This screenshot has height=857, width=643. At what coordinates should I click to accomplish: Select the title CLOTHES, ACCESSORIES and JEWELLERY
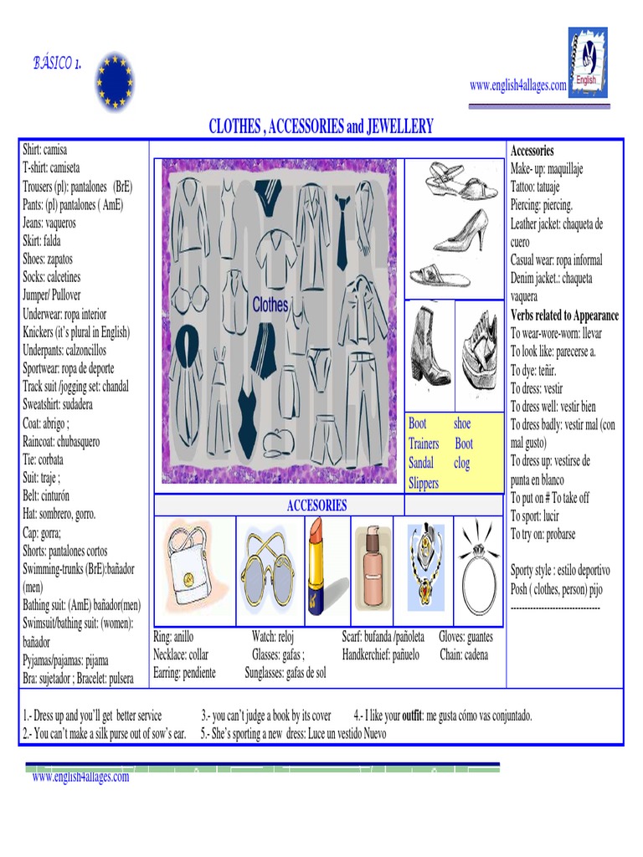(321, 126)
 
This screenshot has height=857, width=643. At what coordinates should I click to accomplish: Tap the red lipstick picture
(316, 553)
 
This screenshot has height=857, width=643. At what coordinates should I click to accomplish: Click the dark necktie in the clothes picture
(342, 232)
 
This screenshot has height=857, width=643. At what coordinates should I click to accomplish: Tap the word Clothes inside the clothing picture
(270, 305)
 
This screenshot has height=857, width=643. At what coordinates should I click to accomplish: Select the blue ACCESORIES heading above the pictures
(316, 505)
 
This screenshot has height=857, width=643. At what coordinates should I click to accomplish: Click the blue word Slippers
(424, 484)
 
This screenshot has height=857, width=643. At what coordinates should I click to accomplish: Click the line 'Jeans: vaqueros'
(49, 223)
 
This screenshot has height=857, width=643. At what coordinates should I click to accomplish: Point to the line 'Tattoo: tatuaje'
(541, 187)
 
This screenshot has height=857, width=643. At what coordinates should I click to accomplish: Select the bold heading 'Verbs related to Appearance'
(565, 316)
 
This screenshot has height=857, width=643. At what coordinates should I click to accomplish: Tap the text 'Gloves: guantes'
(466, 637)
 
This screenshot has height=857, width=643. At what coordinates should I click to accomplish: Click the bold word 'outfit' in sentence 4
(412, 716)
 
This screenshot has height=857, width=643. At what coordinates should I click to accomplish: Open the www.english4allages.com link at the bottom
(80, 777)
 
